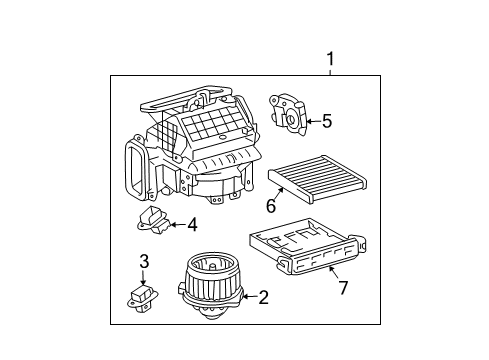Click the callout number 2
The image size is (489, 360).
(x=263, y=296)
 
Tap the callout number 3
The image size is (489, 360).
(x=144, y=262)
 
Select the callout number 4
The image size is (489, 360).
(x=191, y=224)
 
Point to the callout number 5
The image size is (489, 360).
(x=326, y=122)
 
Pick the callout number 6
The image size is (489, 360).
(x=270, y=207)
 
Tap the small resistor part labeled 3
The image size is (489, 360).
(x=141, y=295)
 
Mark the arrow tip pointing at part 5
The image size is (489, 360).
(x=304, y=122)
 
